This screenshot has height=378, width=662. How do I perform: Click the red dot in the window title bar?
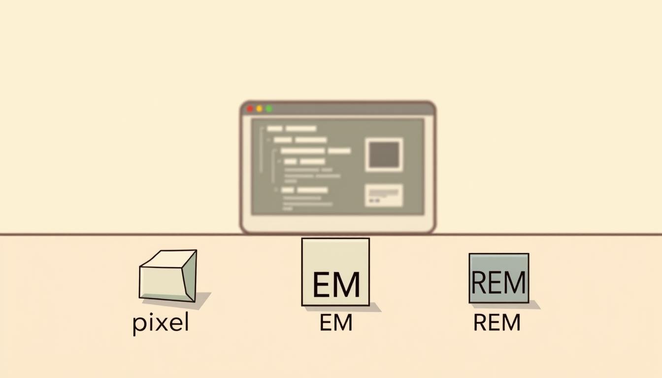250,109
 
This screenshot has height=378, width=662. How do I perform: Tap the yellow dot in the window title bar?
259,109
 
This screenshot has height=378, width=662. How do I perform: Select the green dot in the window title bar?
269,109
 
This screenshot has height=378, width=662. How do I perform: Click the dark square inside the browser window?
384,155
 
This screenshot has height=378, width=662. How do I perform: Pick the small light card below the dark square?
384,195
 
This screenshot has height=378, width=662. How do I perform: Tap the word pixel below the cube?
161,324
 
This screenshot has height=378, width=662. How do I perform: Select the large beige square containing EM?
335,272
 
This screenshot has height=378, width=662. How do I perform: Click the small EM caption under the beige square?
335,323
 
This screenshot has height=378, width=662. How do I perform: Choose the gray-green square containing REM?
498,278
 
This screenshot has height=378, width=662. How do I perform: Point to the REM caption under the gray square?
496,323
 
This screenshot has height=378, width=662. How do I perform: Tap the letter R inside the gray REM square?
479,283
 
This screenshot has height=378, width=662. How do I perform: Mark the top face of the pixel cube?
166,259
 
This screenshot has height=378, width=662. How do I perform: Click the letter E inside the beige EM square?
322,284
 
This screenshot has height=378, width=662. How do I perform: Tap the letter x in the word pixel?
159,324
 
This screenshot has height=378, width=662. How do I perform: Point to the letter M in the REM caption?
510,323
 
